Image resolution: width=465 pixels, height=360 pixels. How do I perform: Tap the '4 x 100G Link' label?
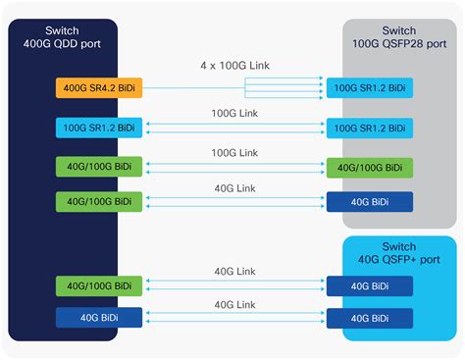233,66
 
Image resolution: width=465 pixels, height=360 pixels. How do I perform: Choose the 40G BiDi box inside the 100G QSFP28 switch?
370,202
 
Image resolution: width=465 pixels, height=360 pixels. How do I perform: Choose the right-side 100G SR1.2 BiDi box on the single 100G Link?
370,128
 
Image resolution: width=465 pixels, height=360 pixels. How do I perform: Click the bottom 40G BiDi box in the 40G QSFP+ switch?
370,319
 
